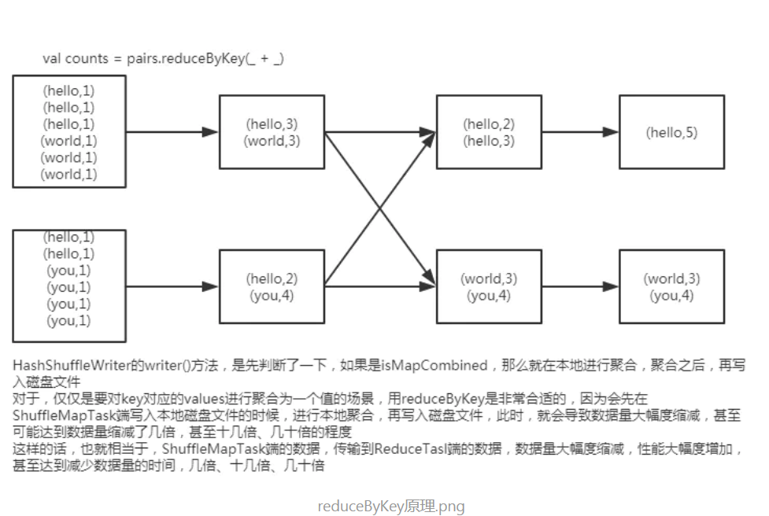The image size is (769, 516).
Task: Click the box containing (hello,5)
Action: click(x=671, y=132)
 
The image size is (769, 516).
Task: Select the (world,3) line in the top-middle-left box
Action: click(x=272, y=142)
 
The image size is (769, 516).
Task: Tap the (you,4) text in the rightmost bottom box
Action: click(x=671, y=296)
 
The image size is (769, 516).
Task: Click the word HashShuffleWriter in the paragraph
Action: click(x=66, y=366)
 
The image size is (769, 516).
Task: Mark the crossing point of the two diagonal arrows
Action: click(x=380, y=208)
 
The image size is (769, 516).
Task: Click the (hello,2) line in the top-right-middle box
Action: click(x=489, y=124)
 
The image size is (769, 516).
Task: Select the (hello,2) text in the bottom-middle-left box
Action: click(x=272, y=279)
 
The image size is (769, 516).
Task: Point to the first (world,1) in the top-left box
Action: click(x=68, y=142)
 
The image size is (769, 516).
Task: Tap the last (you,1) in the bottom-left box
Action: click(x=68, y=321)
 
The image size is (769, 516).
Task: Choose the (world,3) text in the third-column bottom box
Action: click(x=489, y=279)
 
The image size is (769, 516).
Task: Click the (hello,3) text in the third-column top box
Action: click(x=489, y=142)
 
